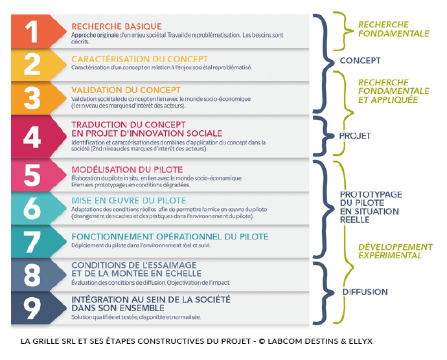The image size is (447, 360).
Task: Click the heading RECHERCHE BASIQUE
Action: [117, 27]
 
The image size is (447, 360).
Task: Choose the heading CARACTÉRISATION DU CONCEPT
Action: [140, 59]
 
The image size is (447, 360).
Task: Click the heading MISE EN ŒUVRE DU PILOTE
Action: [129, 201]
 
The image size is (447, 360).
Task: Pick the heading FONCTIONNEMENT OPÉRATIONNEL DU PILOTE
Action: [170, 237]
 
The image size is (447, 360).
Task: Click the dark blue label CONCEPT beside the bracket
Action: [360, 61]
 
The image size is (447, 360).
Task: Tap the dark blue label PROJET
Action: [354, 136]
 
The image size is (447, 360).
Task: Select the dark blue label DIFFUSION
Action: [365, 292]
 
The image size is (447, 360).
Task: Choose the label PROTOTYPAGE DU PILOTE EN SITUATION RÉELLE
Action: [371, 207]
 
